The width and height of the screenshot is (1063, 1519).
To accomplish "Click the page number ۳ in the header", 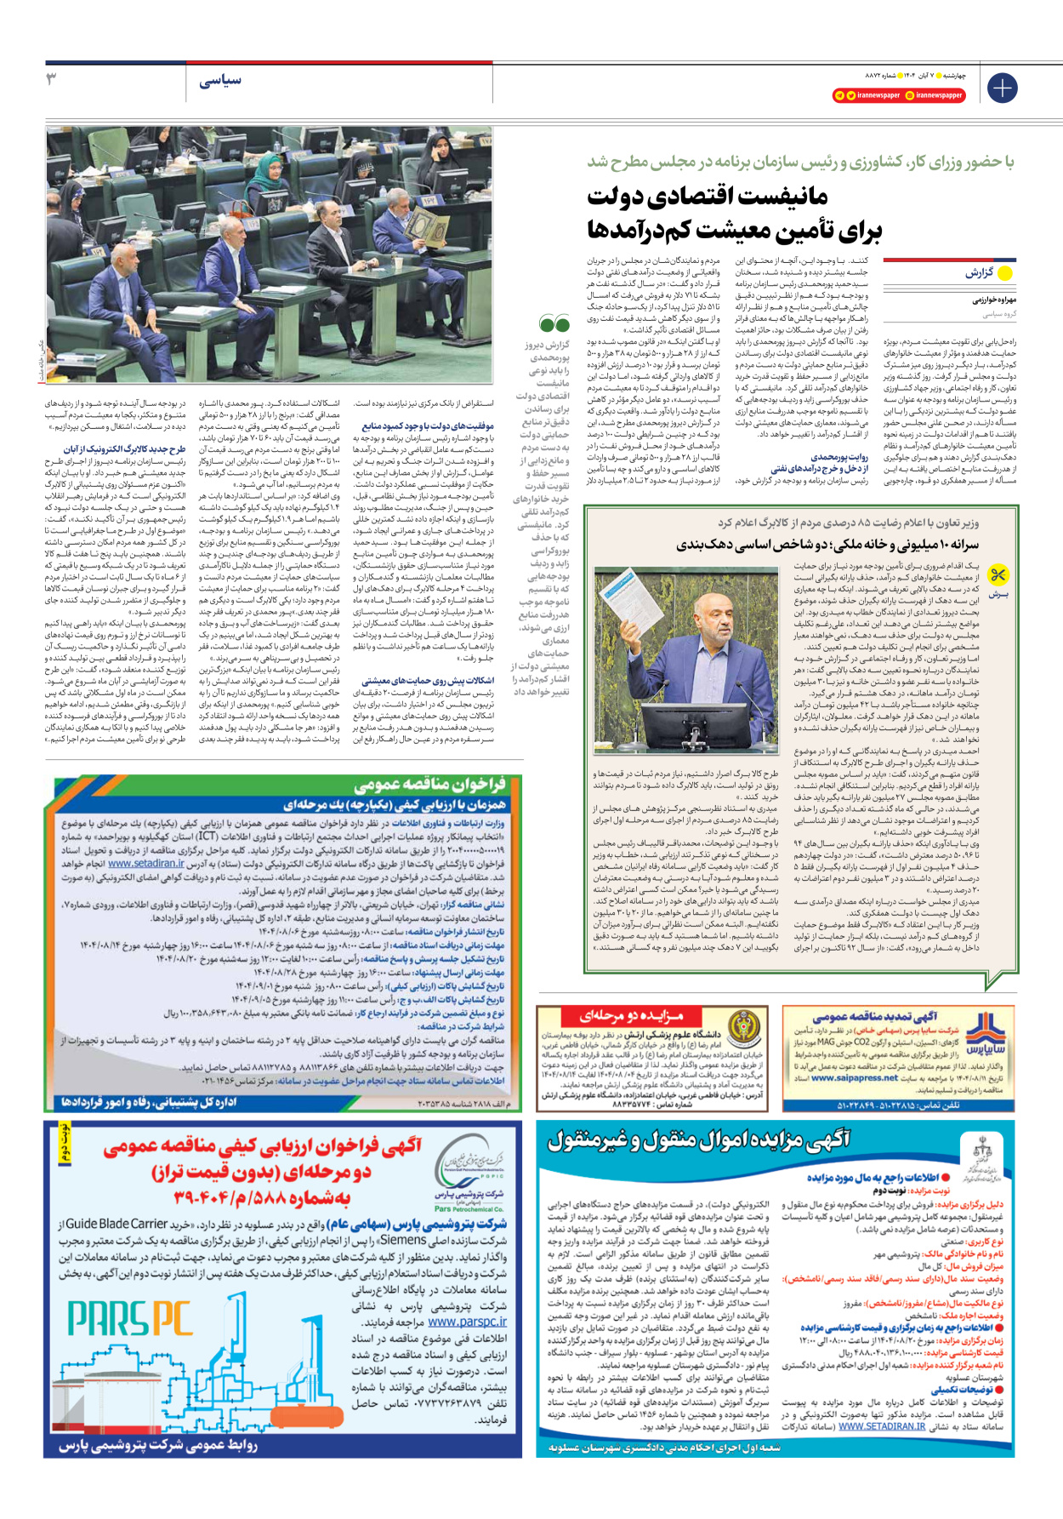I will (x=52, y=80).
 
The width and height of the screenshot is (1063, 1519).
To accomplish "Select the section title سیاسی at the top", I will (x=220, y=81).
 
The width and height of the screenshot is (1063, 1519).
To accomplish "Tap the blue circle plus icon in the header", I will (x=1002, y=88).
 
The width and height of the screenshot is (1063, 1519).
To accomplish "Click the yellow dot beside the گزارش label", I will (x=1005, y=273).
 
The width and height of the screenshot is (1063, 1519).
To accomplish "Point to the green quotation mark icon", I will (x=554, y=323).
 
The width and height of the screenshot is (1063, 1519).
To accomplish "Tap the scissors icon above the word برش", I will (x=998, y=576).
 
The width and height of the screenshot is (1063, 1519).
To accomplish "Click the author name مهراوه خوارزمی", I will (x=994, y=300).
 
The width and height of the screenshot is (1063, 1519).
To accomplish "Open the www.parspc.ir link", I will (x=467, y=1322).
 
